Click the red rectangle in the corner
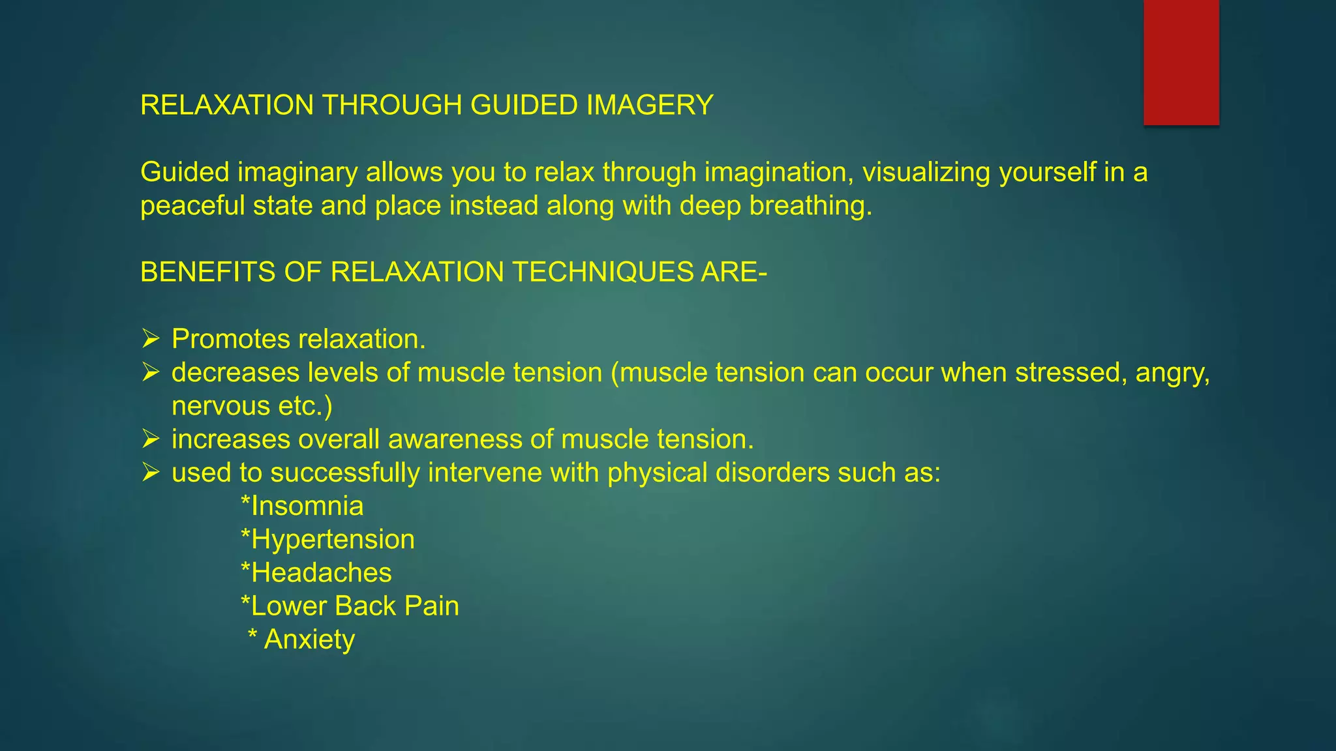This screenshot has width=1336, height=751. [x=1181, y=62]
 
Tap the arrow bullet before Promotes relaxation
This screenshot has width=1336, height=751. [x=151, y=339]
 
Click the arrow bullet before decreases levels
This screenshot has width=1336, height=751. [x=151, y=373]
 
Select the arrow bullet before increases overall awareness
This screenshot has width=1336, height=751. [x=151, y=439]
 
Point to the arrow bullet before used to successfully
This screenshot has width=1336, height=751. [x=151, y=473]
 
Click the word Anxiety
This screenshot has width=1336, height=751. [x=309, y=640]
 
